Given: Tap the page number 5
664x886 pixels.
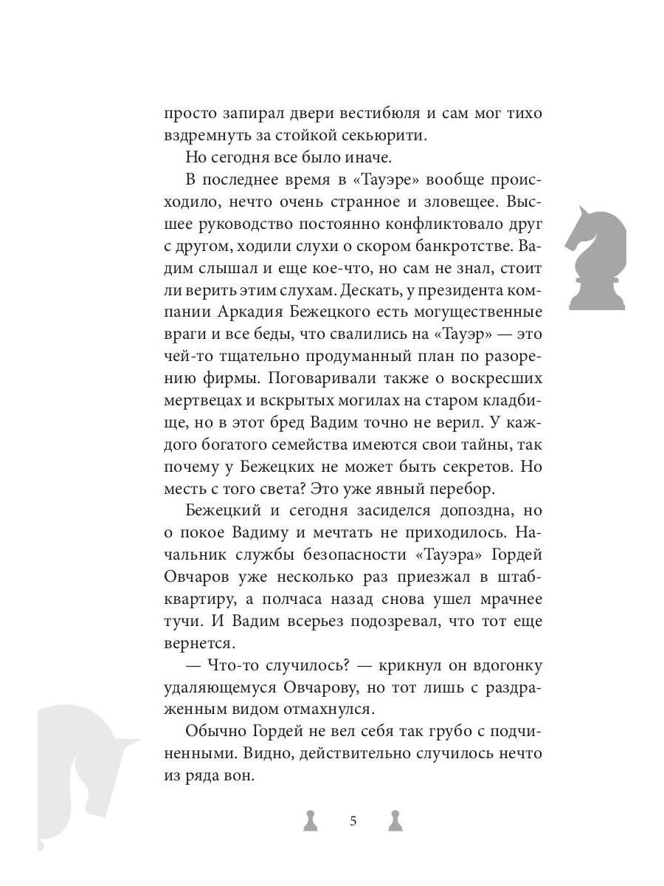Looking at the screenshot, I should [x=352, y=820].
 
